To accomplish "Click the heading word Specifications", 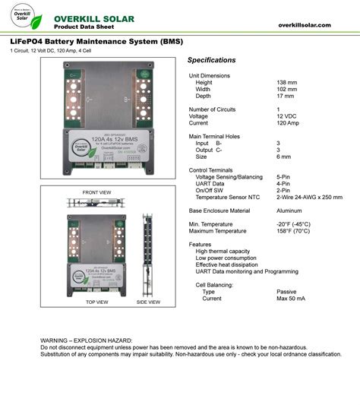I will (x=211, y=60).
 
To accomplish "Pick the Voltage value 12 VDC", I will (x=288, y=115).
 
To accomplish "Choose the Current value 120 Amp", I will (x=289, y=122).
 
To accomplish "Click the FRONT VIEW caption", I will (x=97, y=192).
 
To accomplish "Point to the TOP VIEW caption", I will (x=96, y=302).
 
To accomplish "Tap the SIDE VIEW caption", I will (x=148, y=302).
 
